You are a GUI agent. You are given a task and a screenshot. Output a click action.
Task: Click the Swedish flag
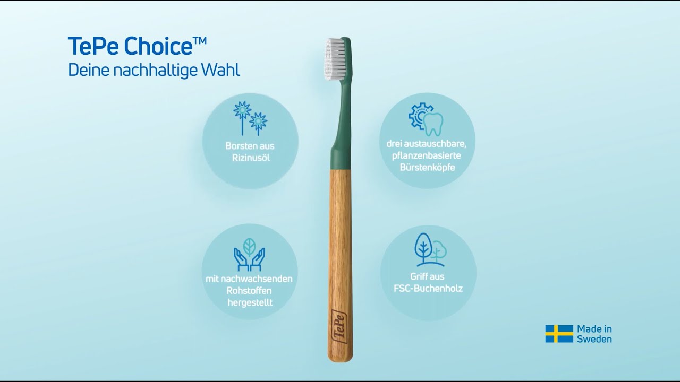pos(559,334)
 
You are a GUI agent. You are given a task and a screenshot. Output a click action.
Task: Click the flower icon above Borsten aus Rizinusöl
pos(250,117)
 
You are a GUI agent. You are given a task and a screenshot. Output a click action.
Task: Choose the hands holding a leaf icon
pos(250,253)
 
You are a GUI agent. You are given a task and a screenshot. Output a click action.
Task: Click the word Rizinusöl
pos(250,158)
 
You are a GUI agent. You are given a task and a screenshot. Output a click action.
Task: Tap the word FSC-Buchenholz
pos(428,289)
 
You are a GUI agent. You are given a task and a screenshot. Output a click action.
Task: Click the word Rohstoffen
pos(250,291)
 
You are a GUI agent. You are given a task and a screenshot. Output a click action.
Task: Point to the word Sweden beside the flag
pos(594,340)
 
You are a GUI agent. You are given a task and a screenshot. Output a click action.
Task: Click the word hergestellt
pos(250,303)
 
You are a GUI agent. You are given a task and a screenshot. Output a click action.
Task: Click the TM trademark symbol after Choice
pos(199,40)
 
